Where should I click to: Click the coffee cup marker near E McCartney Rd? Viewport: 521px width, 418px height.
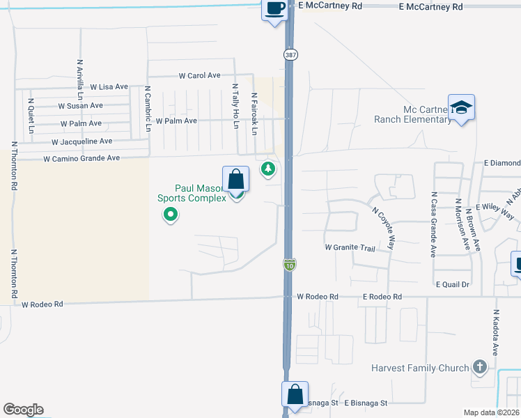pyautogui.click(x=274, y=9)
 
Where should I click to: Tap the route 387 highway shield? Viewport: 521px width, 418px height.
pyautogui.click(x=289, y=54)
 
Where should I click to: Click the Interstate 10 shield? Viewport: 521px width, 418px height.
pyautogui.click(x=289, y=264)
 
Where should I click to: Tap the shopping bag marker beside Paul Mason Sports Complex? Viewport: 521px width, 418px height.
pyautogui.click(x=236, y=180)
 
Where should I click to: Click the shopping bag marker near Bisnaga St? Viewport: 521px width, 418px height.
pyautogui.click(x=295, y=394)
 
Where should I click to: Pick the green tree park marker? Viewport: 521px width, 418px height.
pyautogui.click(x=267, y=169)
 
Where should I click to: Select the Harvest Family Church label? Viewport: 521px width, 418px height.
pyautogui.click(x=420, y=368)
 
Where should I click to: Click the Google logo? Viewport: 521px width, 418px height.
pyautogui.click(x=23, y=410)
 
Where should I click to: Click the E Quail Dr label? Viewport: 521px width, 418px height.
pyautogui.click(x=453, y=284)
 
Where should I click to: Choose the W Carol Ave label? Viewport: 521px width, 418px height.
pyautogui.click(x=199, y=75)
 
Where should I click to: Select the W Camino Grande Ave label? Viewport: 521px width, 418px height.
pyautogui.click(x=81, y=159)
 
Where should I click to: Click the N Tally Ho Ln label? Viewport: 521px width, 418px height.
pyautogui.click(x=235, y=106)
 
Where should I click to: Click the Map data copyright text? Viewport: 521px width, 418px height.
pyautogui.click(x=491, y=412)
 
